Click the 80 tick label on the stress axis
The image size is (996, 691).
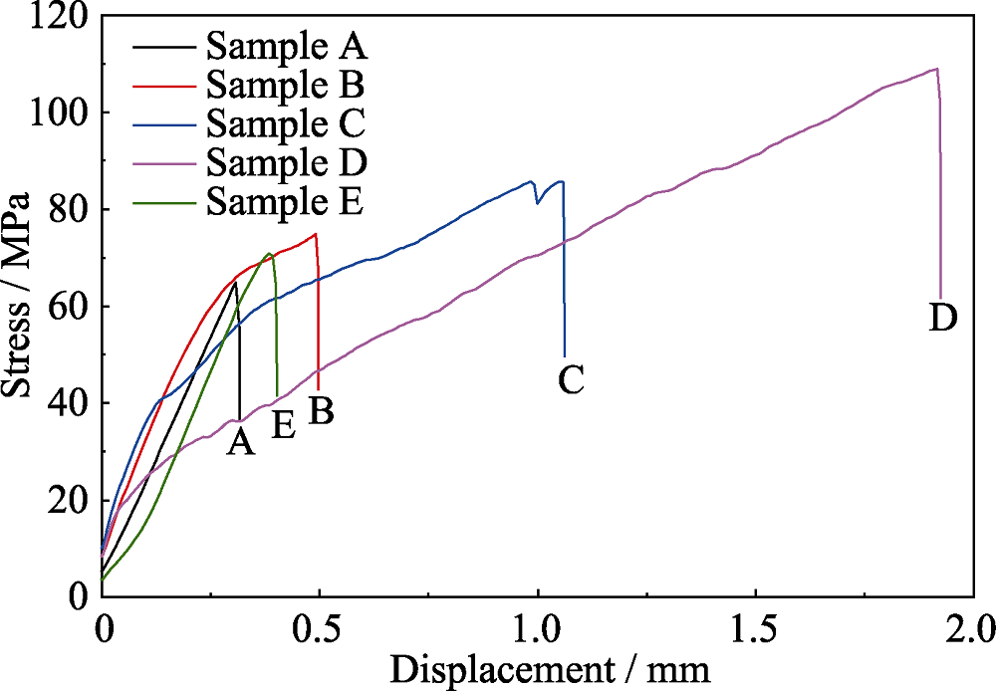point(68,209)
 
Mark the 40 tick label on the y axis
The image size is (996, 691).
point(68,402)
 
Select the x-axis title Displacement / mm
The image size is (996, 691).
point(550,669)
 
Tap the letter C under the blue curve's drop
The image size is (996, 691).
point(570,379)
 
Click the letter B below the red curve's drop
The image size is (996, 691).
point(321,410)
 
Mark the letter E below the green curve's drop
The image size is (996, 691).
point(283,425)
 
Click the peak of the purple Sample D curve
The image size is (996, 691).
point(935,69)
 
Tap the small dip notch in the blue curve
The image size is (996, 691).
point(538,202)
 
